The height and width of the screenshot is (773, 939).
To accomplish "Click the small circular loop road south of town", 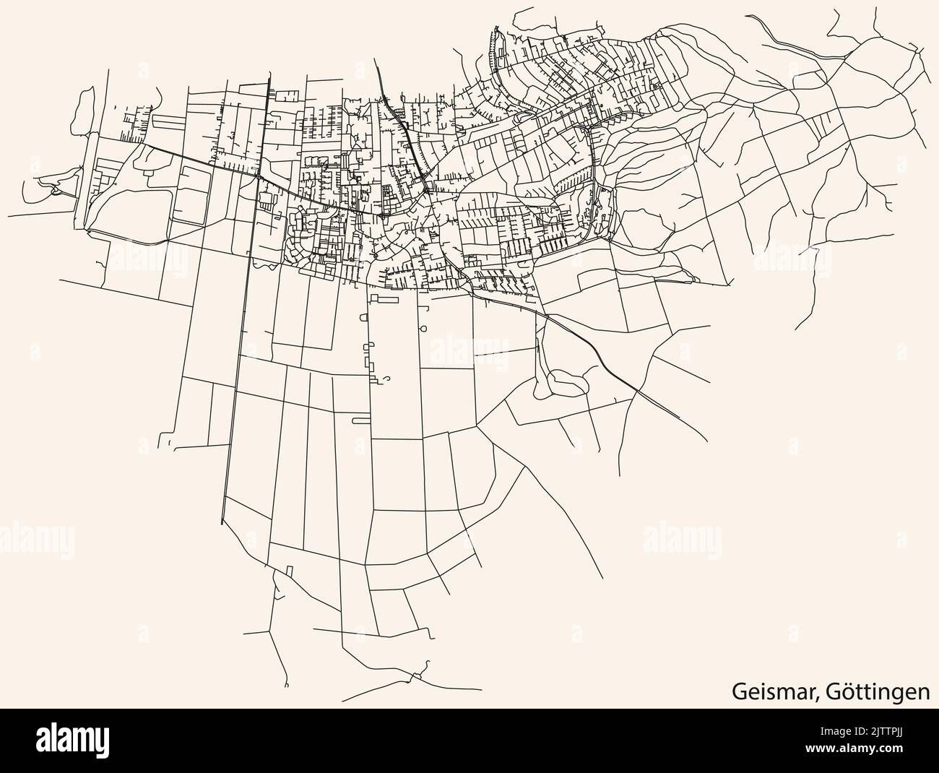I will tap(423, 329).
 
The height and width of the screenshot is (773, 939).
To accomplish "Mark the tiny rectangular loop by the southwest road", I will tap(290, 571).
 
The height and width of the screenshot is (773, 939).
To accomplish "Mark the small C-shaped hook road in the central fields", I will tap(388, 379).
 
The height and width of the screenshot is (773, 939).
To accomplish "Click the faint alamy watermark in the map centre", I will tap(469, 354).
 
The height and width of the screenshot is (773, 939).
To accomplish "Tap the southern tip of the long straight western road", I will tap(222, 524).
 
